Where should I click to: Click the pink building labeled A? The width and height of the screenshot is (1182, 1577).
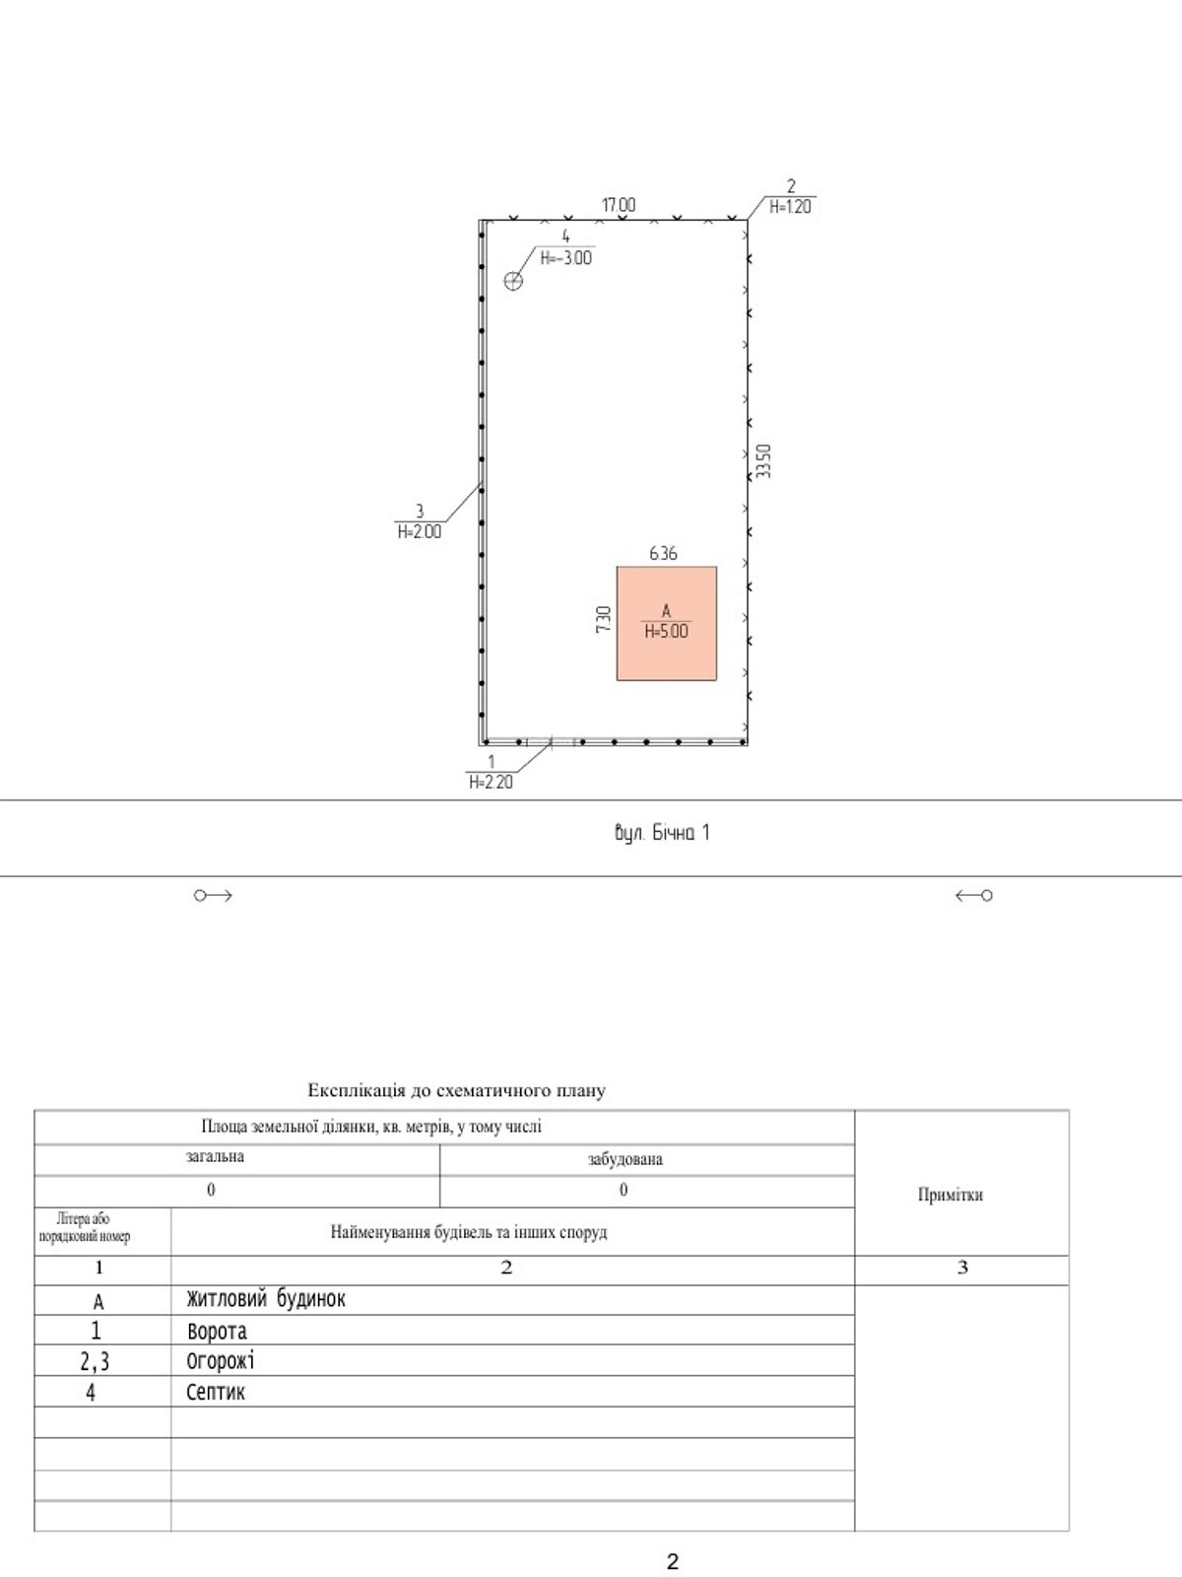coord(667,623)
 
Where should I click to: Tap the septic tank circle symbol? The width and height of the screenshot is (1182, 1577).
coord(512,280)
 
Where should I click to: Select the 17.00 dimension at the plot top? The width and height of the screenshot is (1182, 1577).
coord(619,205)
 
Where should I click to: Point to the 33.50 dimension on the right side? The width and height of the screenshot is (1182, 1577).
coord(764,461)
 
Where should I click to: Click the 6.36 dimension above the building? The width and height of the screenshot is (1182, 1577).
coord(663,553)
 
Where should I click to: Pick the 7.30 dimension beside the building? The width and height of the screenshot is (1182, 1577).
coord(604,619)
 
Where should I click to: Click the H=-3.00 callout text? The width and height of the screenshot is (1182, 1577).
coord(566,257)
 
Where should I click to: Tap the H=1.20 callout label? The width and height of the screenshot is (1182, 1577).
coord(790,207)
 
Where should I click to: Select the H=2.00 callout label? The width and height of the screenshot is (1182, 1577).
coord(420,531)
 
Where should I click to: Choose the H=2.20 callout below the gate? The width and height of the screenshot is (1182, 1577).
coord(491,782)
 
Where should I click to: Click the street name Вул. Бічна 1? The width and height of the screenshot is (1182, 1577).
coord(662,834)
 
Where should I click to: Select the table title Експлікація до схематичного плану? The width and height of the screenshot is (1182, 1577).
coord(457,1090)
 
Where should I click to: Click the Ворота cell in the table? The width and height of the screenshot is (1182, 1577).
coord(217,1331)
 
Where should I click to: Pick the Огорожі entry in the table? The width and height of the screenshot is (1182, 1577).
coord(221,1361)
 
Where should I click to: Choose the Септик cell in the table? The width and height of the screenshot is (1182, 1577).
coord(216,1393)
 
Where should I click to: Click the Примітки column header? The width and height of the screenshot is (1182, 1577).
coord(951,1195)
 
